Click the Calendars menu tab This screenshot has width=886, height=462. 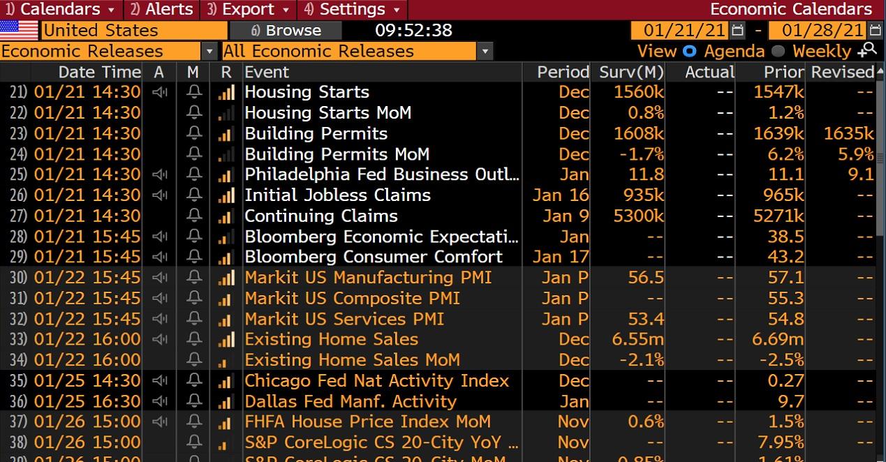point(59,10)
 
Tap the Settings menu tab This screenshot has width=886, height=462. point(352,10)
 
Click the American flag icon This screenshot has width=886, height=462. point(19,31)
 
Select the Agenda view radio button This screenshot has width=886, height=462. point(690,51)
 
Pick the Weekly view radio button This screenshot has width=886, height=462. point(778,51)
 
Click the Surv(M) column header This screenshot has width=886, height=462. point(630,72)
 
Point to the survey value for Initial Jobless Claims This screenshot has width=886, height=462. point(639,195)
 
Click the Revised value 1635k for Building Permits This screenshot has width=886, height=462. point(848,133)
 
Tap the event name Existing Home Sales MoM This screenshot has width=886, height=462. point(352,360)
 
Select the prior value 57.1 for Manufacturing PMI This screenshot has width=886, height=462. point(785,278)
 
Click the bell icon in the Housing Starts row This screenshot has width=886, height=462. point(194,92)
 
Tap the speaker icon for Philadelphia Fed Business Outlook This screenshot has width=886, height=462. point(159,174)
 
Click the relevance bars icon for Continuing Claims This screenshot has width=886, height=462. point(226,216)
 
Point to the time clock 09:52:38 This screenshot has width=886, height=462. point(413,31)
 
